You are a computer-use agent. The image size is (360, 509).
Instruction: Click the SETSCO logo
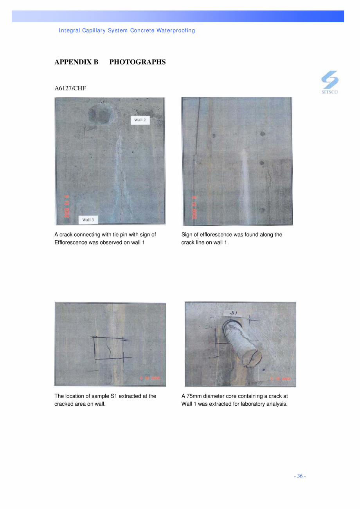click(x=330, y=82)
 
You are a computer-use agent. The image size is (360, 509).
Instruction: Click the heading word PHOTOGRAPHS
click(x=137, y=62)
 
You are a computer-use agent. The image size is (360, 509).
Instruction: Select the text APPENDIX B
click(x=76, y=62)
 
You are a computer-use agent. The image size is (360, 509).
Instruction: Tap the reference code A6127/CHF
click(x=70, y=88)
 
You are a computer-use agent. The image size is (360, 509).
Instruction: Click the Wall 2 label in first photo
click(x=140, y=120)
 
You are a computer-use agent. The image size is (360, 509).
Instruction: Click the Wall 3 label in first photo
click(x=88, y=220)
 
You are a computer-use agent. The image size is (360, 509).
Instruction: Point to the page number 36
click(x=300, y=476)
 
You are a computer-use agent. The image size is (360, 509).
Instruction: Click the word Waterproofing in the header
click(x=176, y=31)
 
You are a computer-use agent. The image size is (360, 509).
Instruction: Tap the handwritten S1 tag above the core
click(x=234, y=313)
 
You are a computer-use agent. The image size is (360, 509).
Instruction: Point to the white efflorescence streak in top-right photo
click(x=244, y=184)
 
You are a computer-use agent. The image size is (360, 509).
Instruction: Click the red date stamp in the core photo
click(x=281, y=379)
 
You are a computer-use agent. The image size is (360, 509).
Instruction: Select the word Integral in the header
click(x=69, y=31)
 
